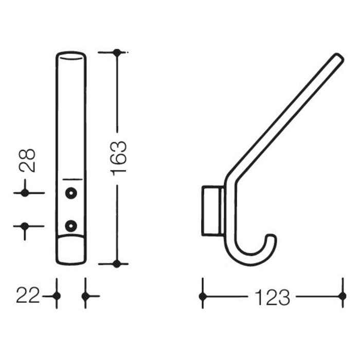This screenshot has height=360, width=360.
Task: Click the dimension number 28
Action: pyautogui.click(x=27, y=160)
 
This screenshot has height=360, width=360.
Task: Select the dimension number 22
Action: pyautogui.click(x=28, y=296)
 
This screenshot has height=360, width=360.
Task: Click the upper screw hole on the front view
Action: pyautogui.click(x=70, y=193)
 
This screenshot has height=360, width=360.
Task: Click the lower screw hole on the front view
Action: pyautogui.click(x=70, y=225)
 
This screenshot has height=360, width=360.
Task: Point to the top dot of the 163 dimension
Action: pyautogui.click(x=117, y=52)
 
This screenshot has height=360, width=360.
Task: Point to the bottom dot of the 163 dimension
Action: pyautogui.click(x=117, y=264)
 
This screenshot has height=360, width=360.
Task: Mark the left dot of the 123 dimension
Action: pyautogui.click(x=203, y=296)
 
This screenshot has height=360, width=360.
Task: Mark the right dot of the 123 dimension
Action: pyautogui.click(x=341, y=296)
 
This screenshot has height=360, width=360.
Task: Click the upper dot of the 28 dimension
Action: pyautogui.click(x=24, y=193)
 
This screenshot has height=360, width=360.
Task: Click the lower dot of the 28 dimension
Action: pyautogui.click(x=24, y=225)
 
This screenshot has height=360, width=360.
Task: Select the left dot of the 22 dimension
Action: pyautogui.click(x=57, y=296)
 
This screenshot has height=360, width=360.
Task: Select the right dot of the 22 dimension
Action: pyautogui.click(x=85, y=296)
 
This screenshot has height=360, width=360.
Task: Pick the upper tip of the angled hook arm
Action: pyautogui.click(x=339, y=58)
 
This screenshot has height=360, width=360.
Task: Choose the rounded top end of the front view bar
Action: pyautogui.click(x=71, y=55)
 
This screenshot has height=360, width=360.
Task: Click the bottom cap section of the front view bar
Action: pyautogui.click(x=71, y=250)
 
